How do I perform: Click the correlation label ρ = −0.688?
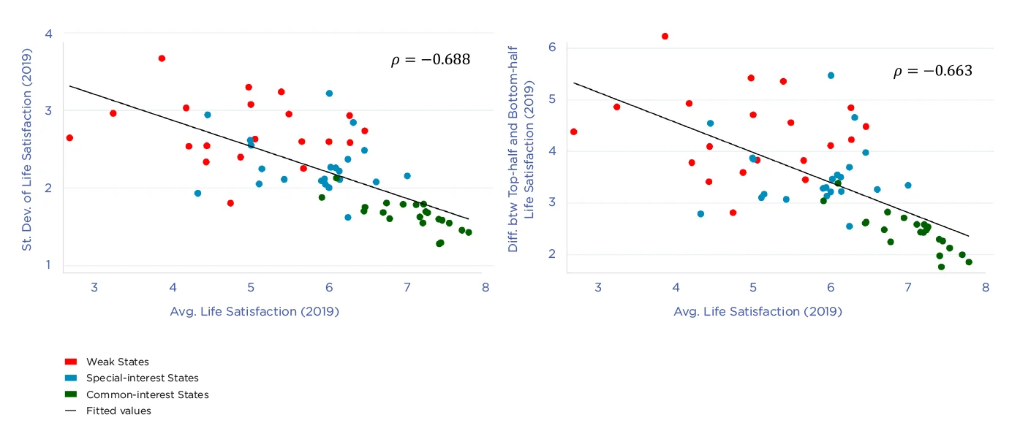(430, 59)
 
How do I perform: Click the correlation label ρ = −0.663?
(932, 71)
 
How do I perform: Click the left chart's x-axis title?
(254, 311)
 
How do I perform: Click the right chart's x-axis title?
(758, 311)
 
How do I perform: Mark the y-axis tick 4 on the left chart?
(48, 34)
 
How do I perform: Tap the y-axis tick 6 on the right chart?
(552, 47)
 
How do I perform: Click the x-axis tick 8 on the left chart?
(485, 288)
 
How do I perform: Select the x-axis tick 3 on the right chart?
(598, 288)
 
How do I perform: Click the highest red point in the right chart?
(665, 36)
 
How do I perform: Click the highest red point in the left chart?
(162, 58)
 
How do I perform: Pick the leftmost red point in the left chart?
(69, 137)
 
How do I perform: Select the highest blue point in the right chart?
(831, 75)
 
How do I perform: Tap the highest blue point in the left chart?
(329, 94)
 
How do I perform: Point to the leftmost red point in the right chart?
(573, 131)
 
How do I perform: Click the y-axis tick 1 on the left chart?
(48, 265)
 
